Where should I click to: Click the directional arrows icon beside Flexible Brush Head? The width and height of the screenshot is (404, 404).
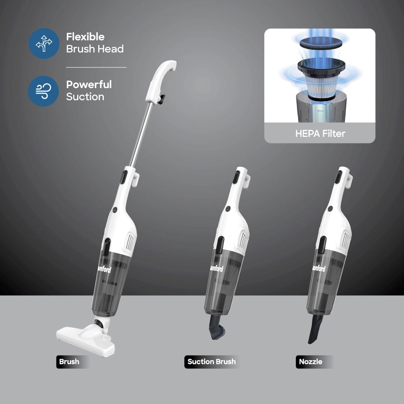(44, 43)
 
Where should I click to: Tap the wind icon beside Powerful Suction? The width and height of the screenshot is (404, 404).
(44, 91)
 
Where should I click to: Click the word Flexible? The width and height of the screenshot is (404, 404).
(85, 37)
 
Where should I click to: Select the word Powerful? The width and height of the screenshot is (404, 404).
(89, 84)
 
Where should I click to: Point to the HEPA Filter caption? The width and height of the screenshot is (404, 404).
(320, 133)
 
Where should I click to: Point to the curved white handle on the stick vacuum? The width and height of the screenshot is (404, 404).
(161, 80)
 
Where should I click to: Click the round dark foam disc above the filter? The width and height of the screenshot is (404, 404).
(321, 43)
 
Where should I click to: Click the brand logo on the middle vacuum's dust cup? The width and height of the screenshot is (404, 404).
(217, 268)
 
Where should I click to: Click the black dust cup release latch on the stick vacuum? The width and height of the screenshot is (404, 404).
(107, 246)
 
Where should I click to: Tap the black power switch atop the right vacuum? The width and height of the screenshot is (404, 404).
(339, 177)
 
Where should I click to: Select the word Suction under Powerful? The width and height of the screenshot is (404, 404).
(85, 97)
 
